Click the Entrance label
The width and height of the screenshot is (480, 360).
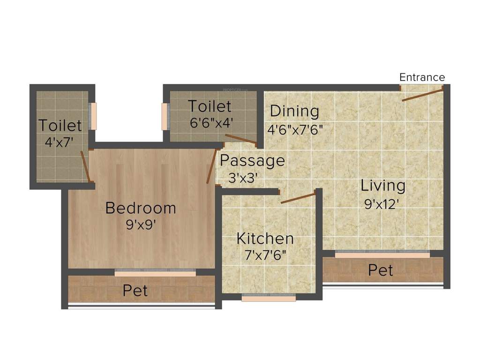(422, 77)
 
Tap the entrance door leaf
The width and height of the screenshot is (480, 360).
(422, 94)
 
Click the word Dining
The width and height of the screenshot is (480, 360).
(294, 112)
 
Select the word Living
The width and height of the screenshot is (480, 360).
(383, 186)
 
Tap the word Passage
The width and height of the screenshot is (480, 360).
(252, 161)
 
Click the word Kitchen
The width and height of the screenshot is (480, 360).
(265, 239)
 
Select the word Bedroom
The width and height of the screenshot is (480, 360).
(141, 208)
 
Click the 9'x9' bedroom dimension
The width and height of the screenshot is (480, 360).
(141, 225)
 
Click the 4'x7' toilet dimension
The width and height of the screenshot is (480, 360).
(59, 142)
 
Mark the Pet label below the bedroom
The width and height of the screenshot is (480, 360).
(135, 291)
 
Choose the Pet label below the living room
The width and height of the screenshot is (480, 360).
(381, 270)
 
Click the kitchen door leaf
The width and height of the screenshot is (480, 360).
(298, 198)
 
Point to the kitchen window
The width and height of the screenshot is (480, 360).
(269, 298)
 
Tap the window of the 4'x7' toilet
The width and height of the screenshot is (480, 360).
(93, 116)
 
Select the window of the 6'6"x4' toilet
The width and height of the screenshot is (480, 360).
(165, 116)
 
